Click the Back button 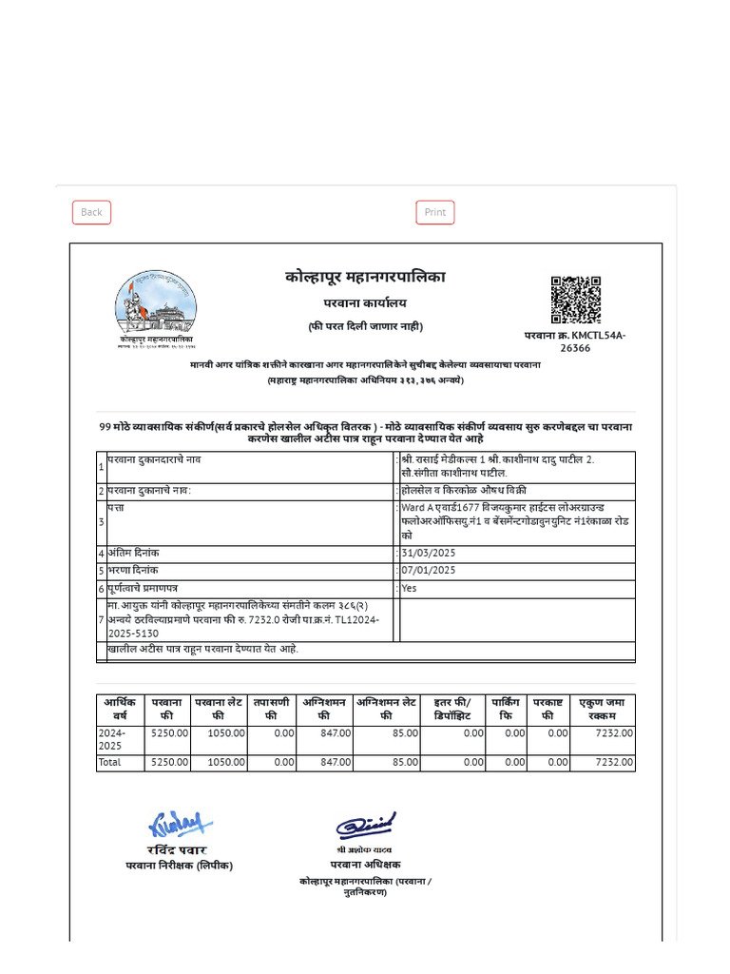point(91,212)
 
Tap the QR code point(576,301)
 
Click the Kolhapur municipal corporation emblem point(156,306)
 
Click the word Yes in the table point(410,588)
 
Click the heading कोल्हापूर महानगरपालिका point(365,277)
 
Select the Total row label point(110,763)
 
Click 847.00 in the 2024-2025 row point(336,733)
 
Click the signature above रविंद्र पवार point(178,824)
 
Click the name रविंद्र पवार point(178,849)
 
